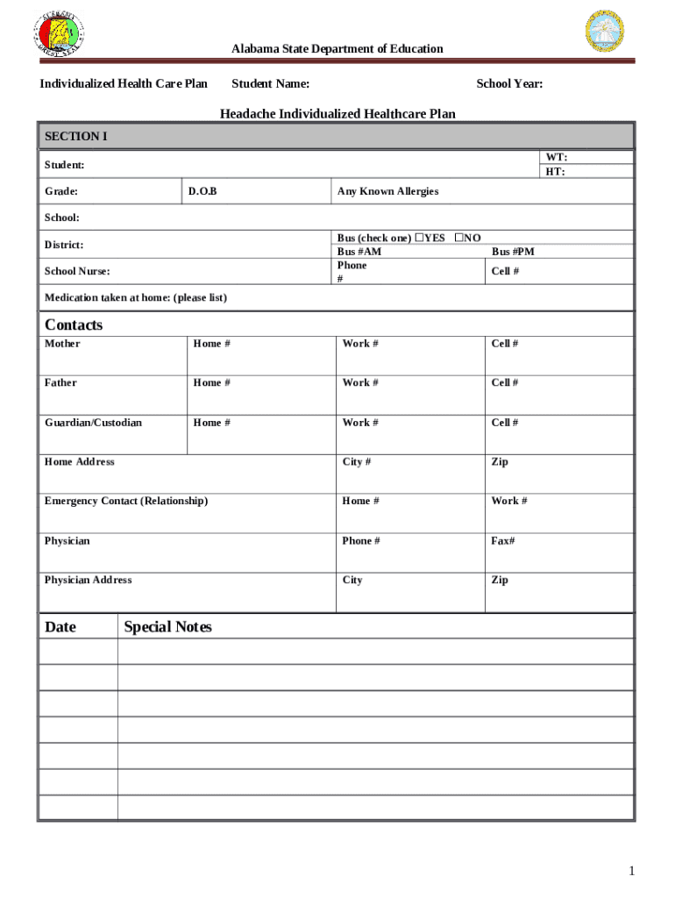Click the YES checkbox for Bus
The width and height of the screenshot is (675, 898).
420,238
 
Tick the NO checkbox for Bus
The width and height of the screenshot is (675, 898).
458,238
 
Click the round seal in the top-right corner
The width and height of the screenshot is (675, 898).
610,32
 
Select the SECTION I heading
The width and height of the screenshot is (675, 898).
76,137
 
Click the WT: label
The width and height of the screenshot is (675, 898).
556,157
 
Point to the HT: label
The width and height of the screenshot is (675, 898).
555,172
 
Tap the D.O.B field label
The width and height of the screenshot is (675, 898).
202,191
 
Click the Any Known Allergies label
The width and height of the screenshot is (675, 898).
387,191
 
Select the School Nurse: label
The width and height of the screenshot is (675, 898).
77,272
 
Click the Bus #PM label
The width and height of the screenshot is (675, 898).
513,252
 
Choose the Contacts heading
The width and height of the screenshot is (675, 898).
74,324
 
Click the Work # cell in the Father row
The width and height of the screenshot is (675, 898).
360,382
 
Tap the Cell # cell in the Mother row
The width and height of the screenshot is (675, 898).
504,344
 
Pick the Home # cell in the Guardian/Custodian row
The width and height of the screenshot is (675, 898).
212,423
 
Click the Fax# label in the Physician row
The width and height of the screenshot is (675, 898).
503,541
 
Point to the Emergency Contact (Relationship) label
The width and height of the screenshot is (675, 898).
126,501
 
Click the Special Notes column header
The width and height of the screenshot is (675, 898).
167,627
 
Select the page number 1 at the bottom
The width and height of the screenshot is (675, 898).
630,871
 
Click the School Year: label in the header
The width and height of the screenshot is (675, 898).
509,83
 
